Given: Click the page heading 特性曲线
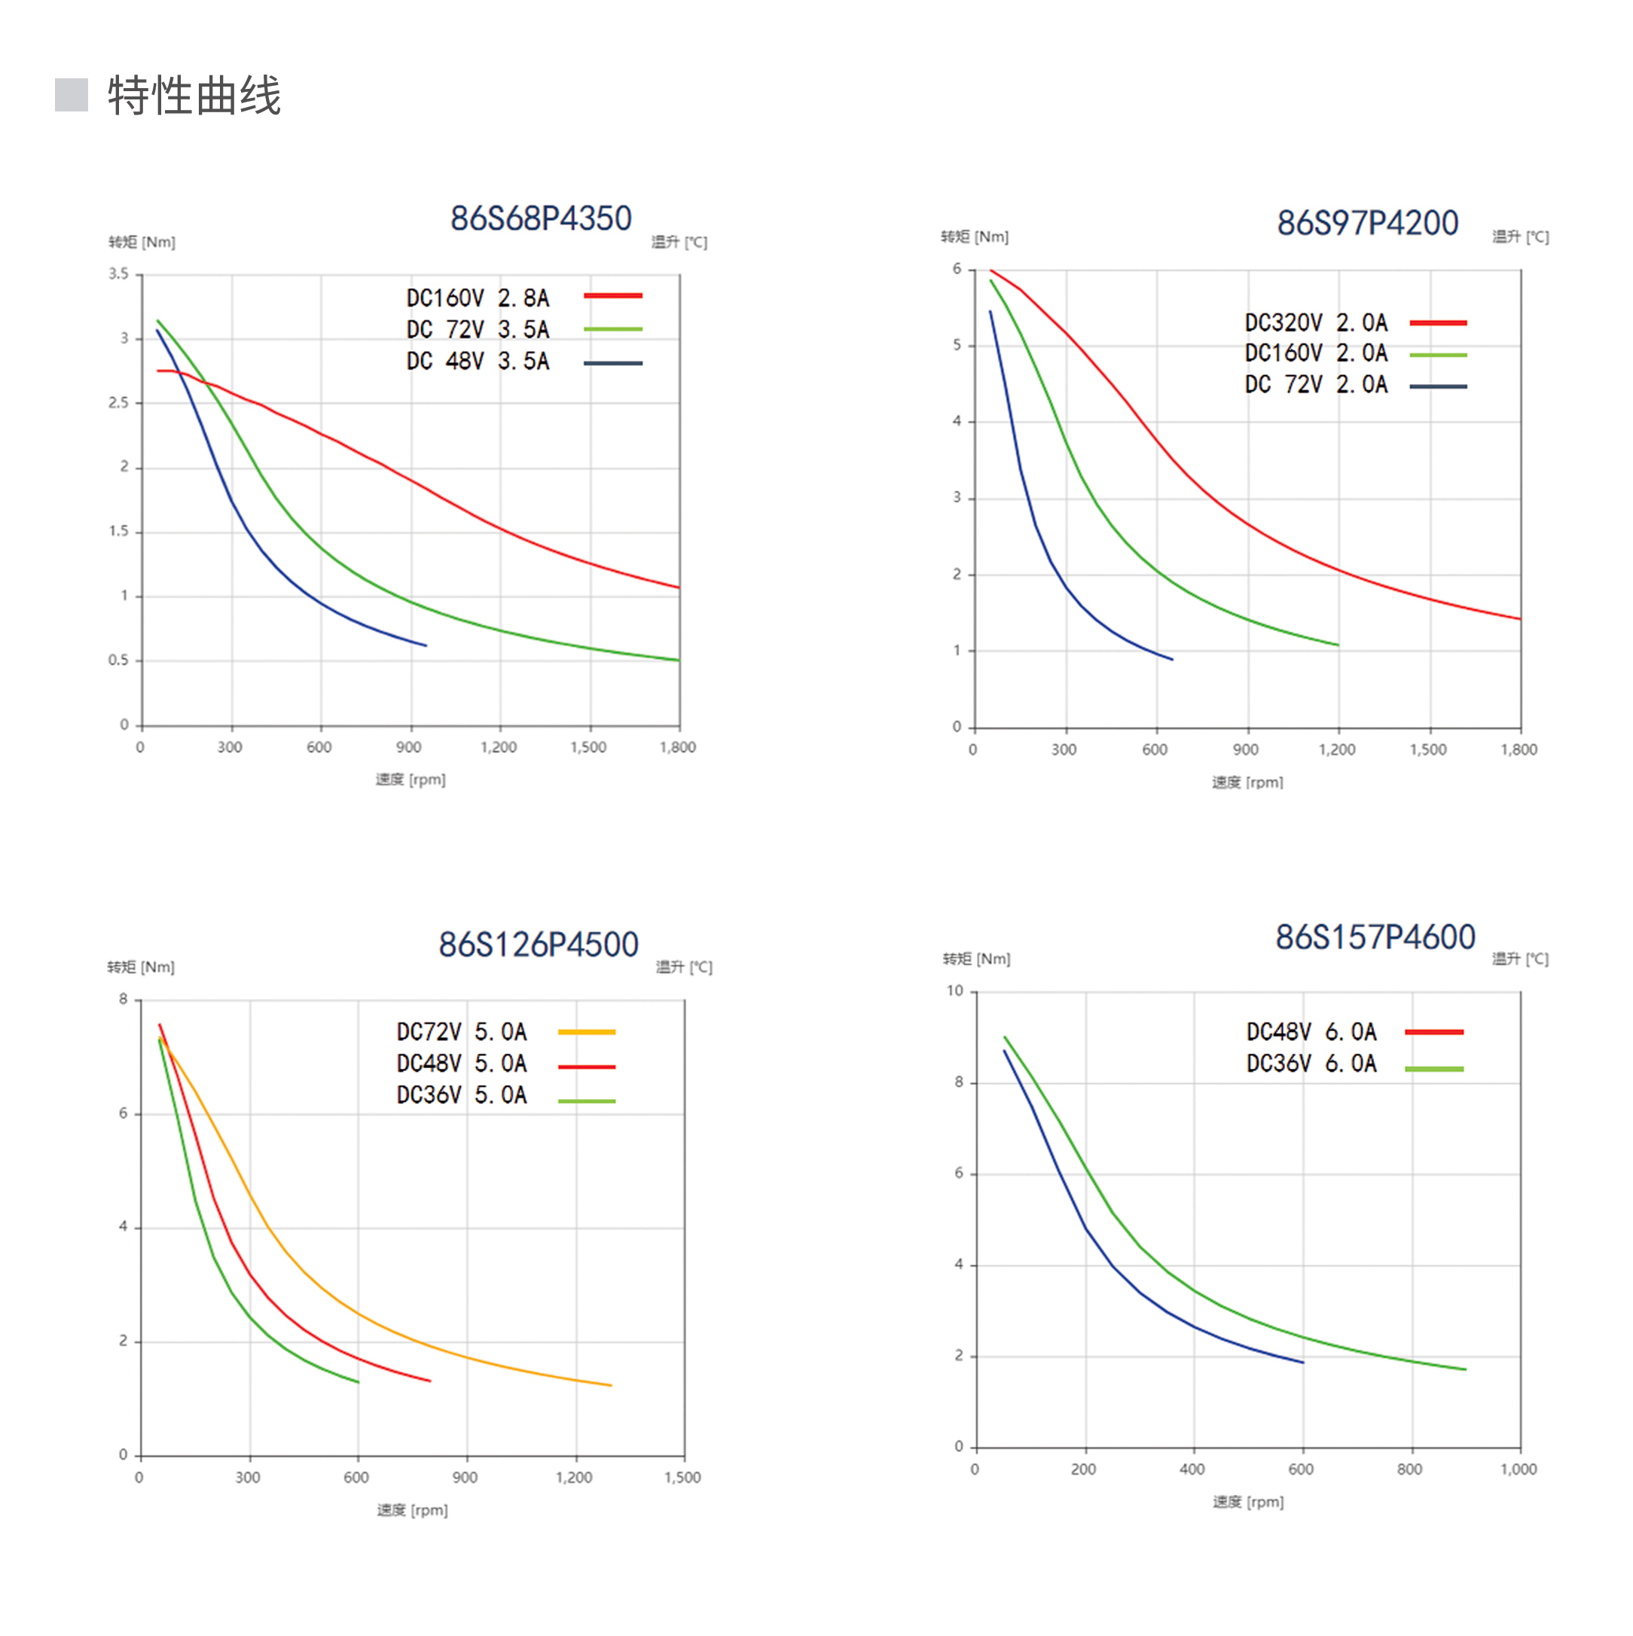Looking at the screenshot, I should point(194,95).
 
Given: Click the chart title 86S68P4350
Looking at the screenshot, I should point(540,218).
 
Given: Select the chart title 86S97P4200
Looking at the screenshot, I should point(1367,223).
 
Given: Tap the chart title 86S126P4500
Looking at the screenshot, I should point(538,945).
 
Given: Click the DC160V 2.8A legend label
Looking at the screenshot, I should point(478,298).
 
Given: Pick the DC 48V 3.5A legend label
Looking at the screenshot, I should point(478,362).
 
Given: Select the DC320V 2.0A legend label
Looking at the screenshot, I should point(1315,322).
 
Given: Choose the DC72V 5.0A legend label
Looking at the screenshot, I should point(462,1031).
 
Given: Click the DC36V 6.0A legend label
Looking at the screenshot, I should point(1311,1064).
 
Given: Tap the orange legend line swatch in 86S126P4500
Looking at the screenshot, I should point(586,1032).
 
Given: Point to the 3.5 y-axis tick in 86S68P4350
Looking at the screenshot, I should point(118,273).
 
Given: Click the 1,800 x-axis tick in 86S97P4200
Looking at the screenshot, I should point(1518,749).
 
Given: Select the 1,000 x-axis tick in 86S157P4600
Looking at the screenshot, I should point(1518,1470).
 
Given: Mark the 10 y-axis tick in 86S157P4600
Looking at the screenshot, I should point(954,990).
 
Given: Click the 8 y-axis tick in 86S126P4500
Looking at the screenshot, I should point(124,1000).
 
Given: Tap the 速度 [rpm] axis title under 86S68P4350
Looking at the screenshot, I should point(411,779).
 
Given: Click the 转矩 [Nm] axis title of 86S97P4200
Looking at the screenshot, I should point(974,237).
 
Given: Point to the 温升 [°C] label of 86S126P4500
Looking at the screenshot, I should point(683,967).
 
